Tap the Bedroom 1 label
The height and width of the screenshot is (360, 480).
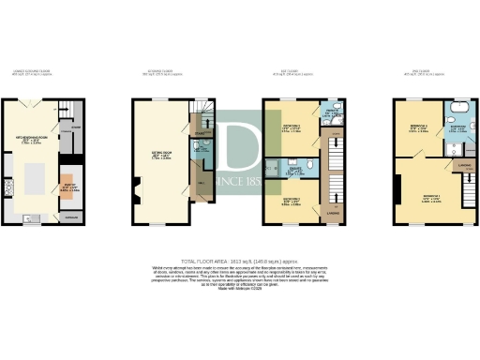(x=431, y=198)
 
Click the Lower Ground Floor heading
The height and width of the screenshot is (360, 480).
(x=43, y=71)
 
